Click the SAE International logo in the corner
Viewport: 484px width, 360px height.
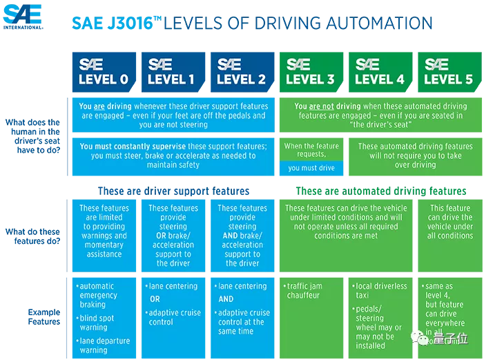pos(23,17)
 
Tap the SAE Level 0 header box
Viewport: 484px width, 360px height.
pos(104,72)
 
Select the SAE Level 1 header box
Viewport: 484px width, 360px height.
pos(173,72)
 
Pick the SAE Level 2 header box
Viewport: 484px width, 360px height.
pos(242,72)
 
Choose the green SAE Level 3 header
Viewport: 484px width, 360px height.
pos(311,72)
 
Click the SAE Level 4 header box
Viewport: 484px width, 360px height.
pos(380,72)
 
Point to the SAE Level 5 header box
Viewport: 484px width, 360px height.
pos(449,72)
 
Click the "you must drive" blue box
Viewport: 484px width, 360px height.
pos(311,168)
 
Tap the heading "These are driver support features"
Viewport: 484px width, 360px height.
pos(173,191)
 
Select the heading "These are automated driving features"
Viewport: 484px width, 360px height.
pos(381,191)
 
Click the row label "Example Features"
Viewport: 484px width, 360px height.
pos(44,316)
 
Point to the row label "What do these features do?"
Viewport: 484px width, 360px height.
pos(32,236)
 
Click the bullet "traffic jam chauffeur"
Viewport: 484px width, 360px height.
pos(303,290)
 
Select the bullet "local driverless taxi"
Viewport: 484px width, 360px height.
pos(380,290)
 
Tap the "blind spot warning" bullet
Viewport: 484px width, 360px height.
pos(95,323)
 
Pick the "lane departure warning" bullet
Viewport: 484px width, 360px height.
pos(103,345)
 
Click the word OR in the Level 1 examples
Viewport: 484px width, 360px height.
pos(155,299)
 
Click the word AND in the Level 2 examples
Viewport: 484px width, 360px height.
pos(226,299)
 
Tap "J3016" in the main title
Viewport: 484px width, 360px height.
pos(130,23)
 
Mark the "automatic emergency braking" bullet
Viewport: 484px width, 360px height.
pos(97,295)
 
